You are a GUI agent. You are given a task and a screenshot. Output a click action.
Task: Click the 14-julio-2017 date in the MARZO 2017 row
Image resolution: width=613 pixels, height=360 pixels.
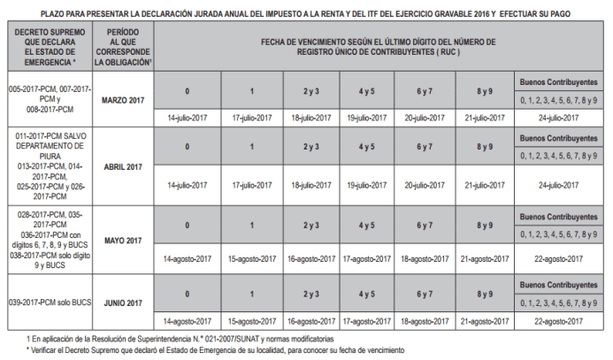click(x=187, y=117)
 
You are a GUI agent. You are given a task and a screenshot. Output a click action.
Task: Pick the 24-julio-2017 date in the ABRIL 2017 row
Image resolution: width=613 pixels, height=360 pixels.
click(x=558, y=185)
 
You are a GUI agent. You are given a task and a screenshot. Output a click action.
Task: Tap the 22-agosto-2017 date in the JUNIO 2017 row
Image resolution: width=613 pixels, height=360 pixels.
click(x=558, y=320)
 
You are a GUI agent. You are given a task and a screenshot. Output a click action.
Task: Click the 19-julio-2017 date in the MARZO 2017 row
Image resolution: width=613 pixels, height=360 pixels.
click(x=364, y=117)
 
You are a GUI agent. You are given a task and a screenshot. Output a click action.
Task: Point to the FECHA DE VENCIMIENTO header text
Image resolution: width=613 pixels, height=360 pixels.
click(x=378, y=46)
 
